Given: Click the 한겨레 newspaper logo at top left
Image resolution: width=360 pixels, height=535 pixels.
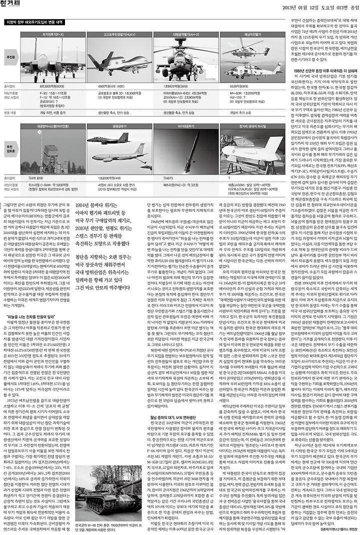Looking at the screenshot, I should pos(14,7).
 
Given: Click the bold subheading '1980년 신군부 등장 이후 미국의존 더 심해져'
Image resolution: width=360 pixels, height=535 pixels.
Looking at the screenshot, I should pos(320,70).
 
